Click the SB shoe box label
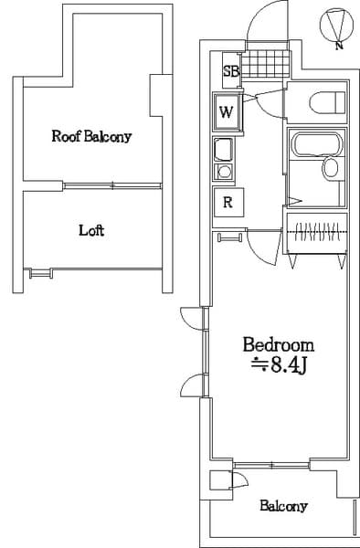coord(231,69)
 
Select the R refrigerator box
coord(228,203)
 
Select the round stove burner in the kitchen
coord(223,171)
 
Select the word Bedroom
coord(278,345)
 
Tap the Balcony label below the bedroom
coord(282,506)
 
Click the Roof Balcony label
coord(91,137)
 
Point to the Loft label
coord(90,230)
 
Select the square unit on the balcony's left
coord(219,481)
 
